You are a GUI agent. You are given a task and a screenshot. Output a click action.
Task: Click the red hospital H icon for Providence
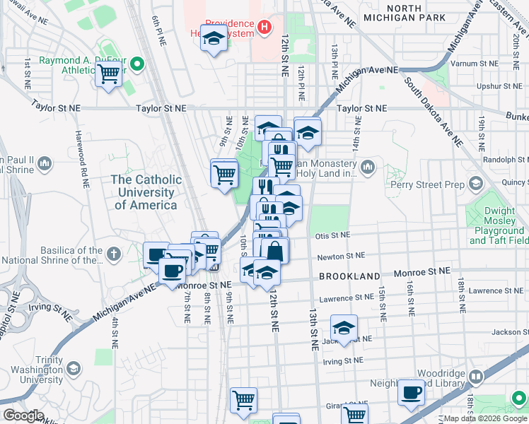264,28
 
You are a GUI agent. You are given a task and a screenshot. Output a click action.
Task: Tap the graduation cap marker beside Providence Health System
213,39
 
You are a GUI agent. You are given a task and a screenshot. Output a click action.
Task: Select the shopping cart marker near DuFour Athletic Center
108,73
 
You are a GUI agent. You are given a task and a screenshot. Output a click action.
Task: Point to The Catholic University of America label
146,192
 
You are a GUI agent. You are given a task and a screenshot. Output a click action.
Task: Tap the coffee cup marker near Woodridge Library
411,392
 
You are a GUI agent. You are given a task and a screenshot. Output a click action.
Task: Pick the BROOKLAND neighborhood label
349,276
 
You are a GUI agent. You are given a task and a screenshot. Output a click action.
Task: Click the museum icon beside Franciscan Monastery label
367,167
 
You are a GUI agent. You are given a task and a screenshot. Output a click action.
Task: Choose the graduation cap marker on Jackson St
344,328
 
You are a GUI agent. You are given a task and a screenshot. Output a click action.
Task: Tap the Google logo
23,416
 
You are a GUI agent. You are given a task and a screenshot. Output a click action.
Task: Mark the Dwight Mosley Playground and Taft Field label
498,225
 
